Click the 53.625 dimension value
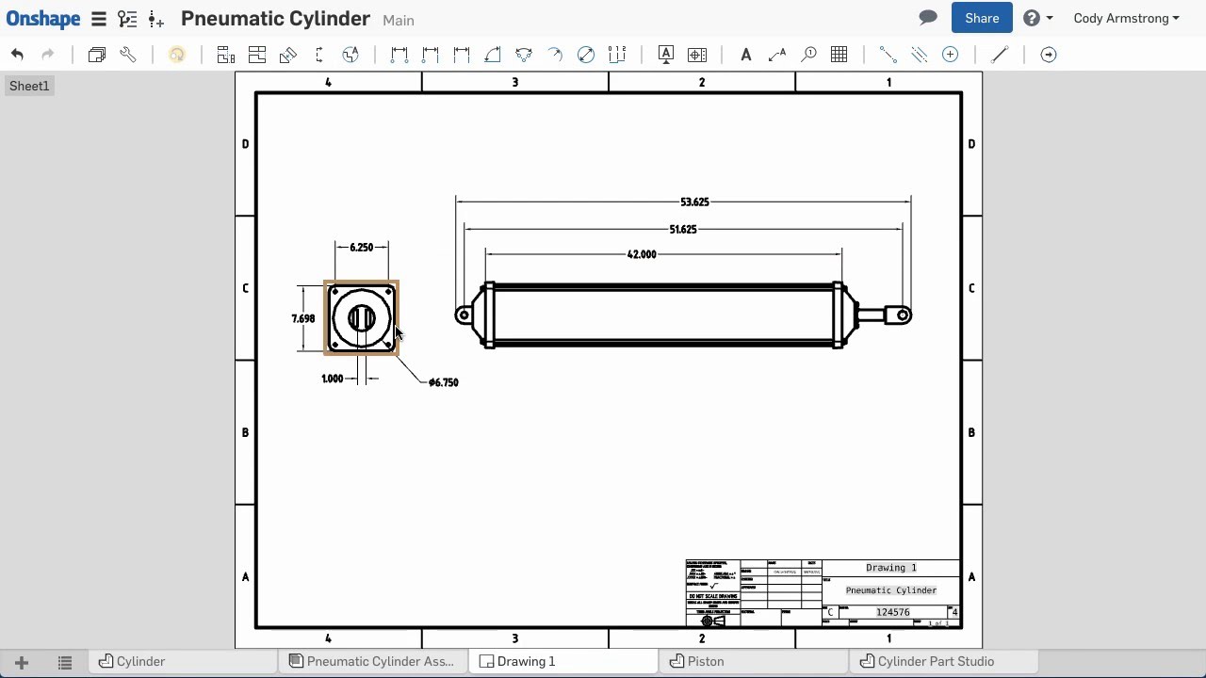(694, 202)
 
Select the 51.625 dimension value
(683, 230)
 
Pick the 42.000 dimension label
(642, 254)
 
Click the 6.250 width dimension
(362, 248)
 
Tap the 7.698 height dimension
(303, 319)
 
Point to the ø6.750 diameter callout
(443, 382)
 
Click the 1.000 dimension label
(333, 379)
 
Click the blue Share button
(982, 18)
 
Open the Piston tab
(705, 661)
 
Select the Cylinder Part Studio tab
(935, 661)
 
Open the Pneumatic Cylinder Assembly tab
(380, 661)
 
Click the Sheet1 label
(29, 86)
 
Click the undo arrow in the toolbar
(17, 55)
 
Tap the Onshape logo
(43, 18)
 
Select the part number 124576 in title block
(892, 612)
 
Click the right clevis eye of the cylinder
(903, 315)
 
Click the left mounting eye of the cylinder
(463, 315)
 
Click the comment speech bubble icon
(928, 18)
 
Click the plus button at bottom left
(22, 662)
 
